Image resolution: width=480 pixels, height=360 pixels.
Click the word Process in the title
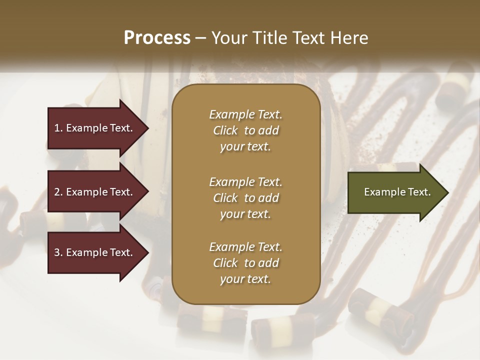(157, 38)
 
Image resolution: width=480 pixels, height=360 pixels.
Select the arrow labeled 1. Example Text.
(95, 128)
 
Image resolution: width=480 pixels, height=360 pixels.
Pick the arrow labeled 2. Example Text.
(95, 192)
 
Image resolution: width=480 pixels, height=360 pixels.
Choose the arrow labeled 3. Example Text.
(95, 252)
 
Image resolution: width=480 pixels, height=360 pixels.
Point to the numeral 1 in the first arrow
(57, 128)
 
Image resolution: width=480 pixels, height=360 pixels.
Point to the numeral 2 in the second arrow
(57, 192)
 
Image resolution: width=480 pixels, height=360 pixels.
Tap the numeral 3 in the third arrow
(57, 252)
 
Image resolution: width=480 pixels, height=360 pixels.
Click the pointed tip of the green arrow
(447, 192)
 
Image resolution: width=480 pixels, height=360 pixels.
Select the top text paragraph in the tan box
(245, 130)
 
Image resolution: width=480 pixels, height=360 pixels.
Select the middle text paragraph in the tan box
(245, 198)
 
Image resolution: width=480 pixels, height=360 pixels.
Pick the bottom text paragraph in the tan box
(245, 263)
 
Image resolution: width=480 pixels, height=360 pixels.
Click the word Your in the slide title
(227, 38)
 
